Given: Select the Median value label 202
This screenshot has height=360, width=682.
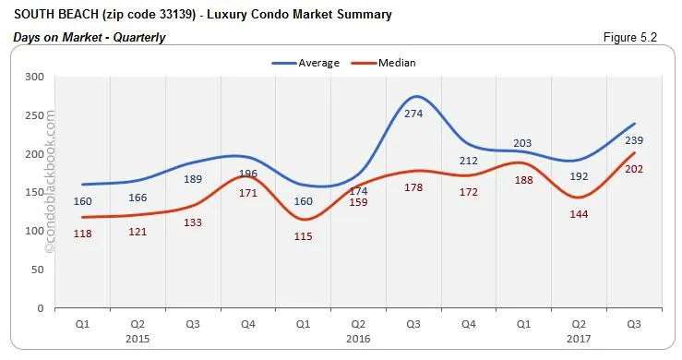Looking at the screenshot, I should coord(633,169).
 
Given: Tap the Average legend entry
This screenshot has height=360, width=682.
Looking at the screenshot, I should coord(305,63).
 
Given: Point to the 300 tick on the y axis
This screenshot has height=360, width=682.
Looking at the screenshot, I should coord(35,77).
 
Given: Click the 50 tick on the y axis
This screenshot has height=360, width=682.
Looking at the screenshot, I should coord(38,270).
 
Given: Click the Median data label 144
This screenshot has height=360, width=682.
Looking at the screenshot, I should coord(579,213).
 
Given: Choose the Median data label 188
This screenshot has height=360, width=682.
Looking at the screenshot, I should coord(523,181).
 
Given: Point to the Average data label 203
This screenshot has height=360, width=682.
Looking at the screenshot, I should coord(523,142).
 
